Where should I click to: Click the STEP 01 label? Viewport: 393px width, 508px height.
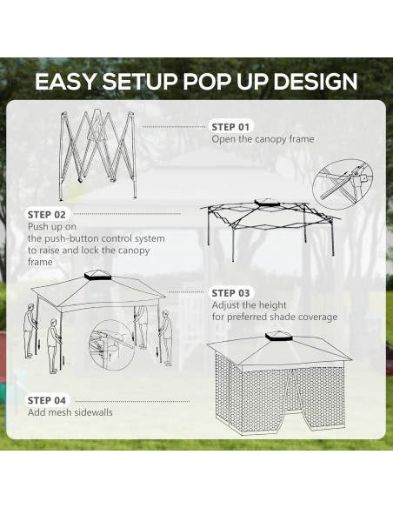pos(230,127)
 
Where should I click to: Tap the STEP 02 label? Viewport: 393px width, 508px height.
pos(46,214)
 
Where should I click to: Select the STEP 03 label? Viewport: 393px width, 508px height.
pos(230,293)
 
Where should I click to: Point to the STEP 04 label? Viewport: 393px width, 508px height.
pos(46,400)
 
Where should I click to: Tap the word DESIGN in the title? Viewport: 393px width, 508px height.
pos(316,82)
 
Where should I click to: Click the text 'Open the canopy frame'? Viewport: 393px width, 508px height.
pos(263,139)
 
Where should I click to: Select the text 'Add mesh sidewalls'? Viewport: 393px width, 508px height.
pos(70,412)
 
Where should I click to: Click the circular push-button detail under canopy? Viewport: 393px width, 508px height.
pos(112,342)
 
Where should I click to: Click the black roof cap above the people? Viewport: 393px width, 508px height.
pos(94,278)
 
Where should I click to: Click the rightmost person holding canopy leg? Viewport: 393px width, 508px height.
pos(166,334)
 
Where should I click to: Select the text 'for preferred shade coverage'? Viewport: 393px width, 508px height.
pos(275,317)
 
